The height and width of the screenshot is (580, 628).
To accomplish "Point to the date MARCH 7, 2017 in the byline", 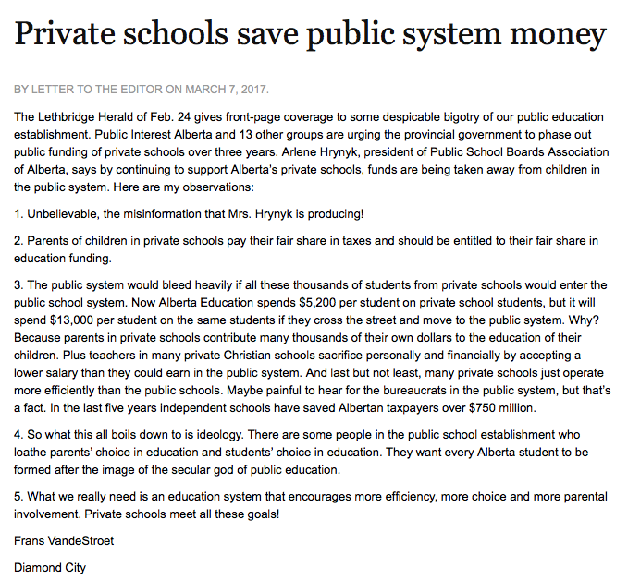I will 227,90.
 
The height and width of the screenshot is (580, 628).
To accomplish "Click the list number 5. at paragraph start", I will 19,496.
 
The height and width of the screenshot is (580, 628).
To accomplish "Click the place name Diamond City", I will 50,566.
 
